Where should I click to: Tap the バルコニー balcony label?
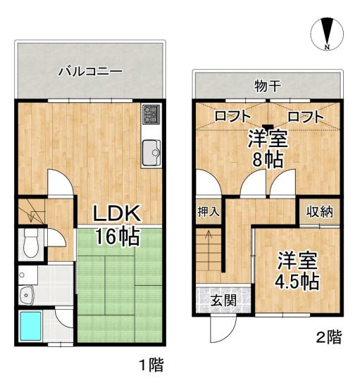click(90, 71)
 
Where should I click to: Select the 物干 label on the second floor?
click(268, 87)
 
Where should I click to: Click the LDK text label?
click(120, 213)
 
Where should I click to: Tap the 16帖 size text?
click(118, 237)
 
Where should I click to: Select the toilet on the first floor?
click(30, 243)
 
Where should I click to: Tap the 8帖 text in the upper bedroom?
click(268, 159)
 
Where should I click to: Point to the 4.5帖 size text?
click(296, 282)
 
